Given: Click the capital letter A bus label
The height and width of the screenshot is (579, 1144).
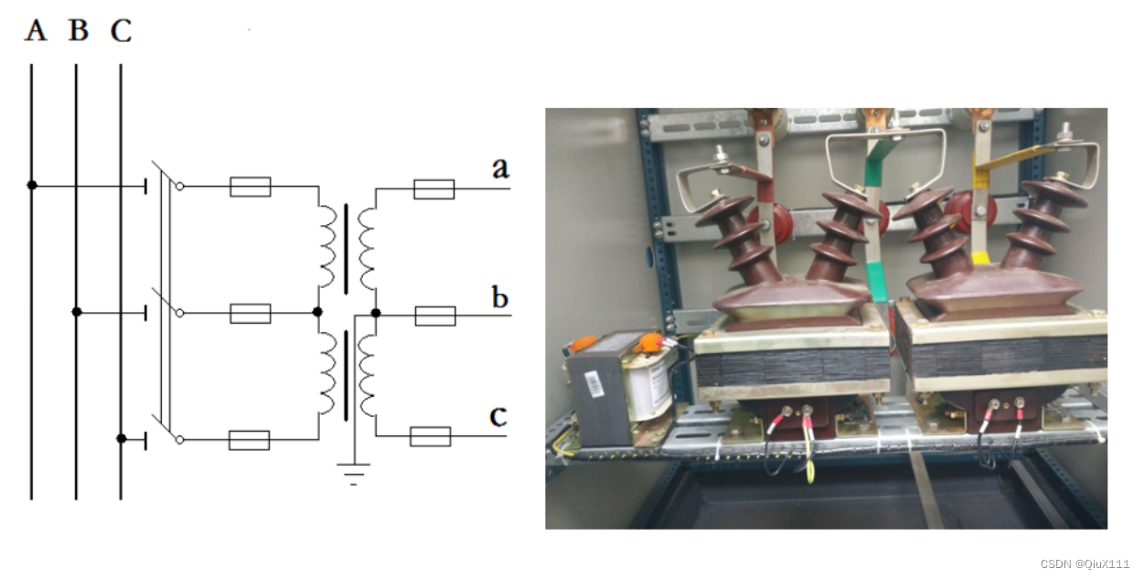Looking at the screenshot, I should point(35,30).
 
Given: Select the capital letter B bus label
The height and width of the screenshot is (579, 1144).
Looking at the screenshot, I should point(79,30).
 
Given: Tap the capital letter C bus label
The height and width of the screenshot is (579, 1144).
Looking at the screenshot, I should point(121,31).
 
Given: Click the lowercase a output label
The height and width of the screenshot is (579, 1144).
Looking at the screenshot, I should point(500,167).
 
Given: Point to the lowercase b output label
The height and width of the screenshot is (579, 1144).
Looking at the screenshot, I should point(500,297).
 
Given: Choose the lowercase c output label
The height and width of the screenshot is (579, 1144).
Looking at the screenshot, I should point(498,416).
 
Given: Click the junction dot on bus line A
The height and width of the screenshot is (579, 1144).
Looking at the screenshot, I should point(32,186).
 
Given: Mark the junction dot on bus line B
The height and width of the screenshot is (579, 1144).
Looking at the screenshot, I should point(77,313).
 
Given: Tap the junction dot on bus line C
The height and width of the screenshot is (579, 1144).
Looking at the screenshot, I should point(122,439).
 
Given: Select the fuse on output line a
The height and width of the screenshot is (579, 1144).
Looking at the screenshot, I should point(433,189).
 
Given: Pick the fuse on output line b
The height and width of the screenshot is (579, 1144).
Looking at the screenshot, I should point(434,316).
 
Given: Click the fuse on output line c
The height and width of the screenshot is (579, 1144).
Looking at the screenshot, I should point(430,436).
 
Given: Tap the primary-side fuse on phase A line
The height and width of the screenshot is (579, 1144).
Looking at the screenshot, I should point(250,188).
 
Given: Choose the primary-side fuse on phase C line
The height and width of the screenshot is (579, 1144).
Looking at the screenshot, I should point(249,440).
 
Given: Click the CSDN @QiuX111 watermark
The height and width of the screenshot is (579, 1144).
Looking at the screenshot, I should point(1085,564).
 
